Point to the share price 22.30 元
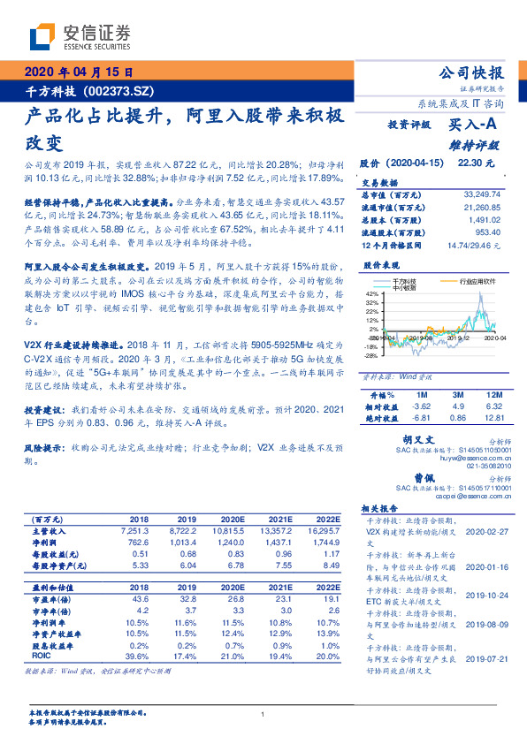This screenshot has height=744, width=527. pyautogui.click(x=486, y=163)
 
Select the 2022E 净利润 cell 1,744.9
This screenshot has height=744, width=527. pyautogui.click(x=324, y=541)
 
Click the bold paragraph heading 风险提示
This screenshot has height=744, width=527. pyautogui.click(x=43, y=448)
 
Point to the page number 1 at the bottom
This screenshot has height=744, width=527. pyautogui.click(x=263, y=714)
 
